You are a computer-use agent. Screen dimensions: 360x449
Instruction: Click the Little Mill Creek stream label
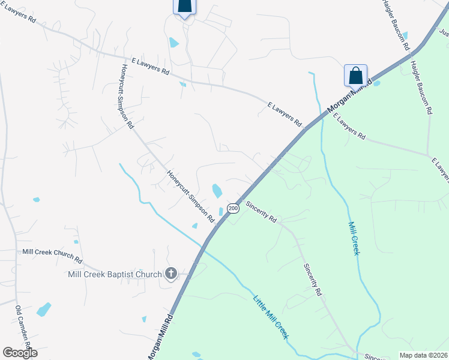(x=271, y=317)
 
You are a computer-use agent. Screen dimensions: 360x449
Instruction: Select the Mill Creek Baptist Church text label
(x=115, y=275)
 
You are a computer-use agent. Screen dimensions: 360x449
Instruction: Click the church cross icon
(x=170, y=274)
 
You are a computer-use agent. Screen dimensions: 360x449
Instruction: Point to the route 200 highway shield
(x=234, y=208)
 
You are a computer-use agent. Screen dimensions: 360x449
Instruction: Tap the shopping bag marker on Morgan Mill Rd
(x=355, y=76)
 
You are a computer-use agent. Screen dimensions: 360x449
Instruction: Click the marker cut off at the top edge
(x=184, y=6)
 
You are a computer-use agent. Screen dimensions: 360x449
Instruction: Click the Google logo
(x=20, y=352)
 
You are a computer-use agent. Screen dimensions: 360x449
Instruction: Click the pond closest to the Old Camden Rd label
(x=44, y=310)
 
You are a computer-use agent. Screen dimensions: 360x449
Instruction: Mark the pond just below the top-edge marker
(x=174, y=43)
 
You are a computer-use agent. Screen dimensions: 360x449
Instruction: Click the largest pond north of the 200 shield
(x=217, y=191)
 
